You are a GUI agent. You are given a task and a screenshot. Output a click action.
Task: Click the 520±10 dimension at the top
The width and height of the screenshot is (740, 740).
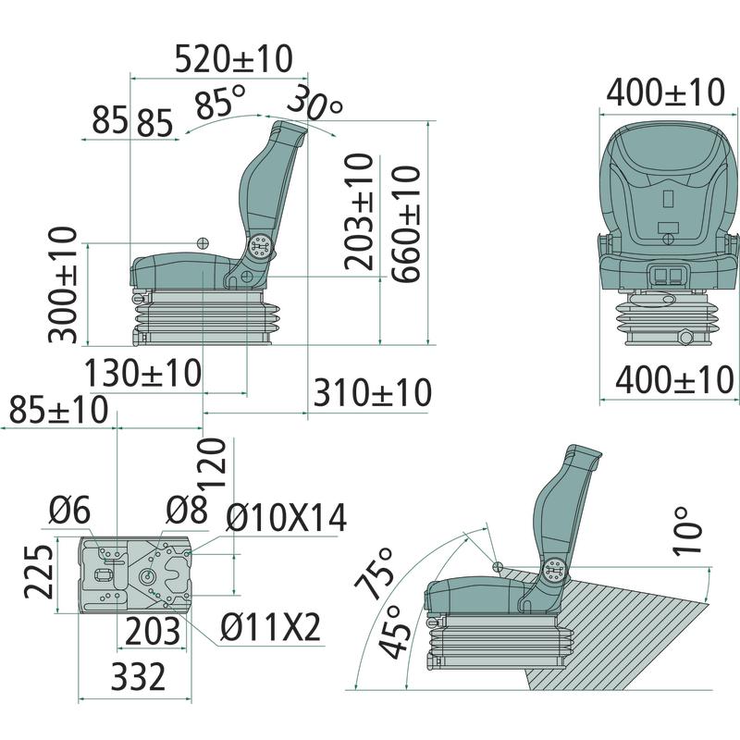coord(234,59)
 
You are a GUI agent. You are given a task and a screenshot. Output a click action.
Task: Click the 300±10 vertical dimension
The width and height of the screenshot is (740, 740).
coord(62,285)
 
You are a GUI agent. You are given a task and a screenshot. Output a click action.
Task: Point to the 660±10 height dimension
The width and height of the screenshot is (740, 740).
coord(405,224)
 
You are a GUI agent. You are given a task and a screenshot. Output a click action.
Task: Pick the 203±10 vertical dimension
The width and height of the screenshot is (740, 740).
coord(359,212)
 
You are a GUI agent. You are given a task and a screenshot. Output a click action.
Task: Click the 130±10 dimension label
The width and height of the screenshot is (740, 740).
coord(142,374)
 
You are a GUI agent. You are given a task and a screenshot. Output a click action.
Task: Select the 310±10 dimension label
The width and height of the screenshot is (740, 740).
coord(373,392)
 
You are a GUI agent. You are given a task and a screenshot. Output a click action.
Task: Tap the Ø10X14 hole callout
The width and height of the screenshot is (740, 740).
coord(287,518)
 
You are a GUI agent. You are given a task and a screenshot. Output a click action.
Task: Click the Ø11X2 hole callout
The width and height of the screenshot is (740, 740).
coord(270,627)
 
